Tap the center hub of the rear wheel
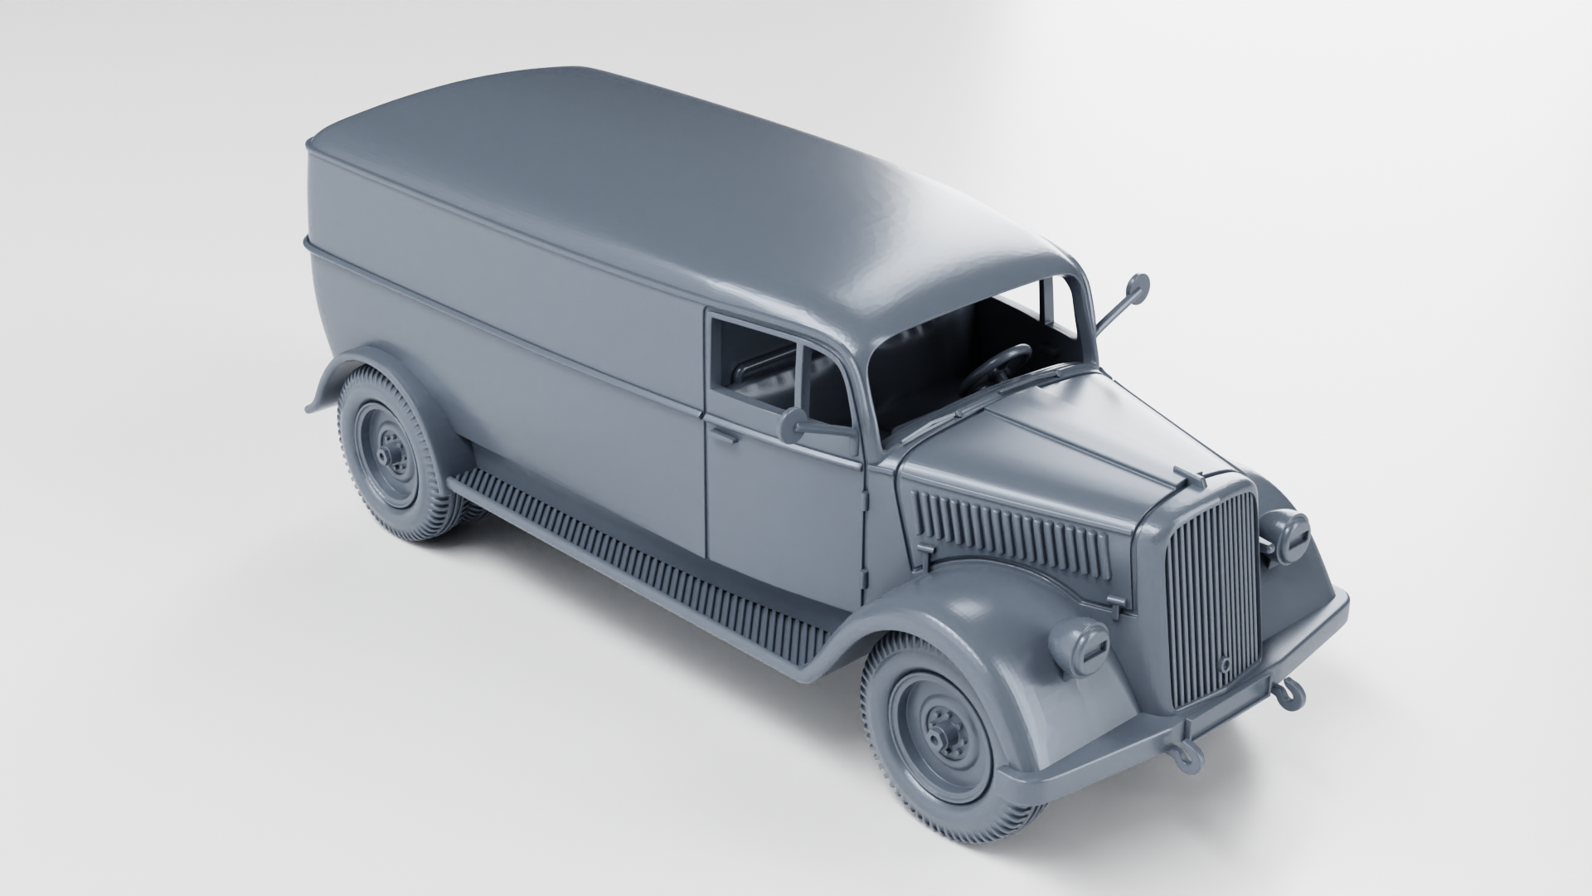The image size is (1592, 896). coord(386,456)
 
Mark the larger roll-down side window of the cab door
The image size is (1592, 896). coord(755,361)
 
